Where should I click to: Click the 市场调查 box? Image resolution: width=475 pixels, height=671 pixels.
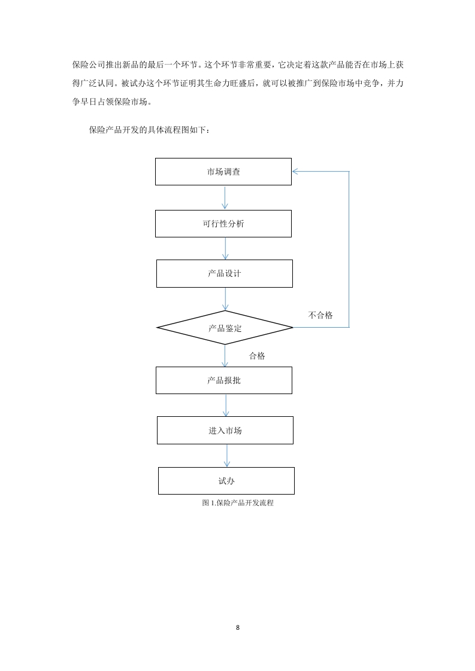pyautogui.click(x=223, y=172)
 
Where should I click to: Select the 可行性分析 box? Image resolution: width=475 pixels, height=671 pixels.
pyautogui.click(x=223, y=224)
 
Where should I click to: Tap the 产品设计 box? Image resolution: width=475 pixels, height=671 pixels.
pyautogui.click(x=225, y=273)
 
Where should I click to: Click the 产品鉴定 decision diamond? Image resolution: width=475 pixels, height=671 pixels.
pyautogui.click(x=225, y=328)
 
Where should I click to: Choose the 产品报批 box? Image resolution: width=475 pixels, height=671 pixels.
pyautogui.click(x=224, y=380)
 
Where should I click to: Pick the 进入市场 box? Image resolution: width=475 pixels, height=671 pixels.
pyautogui.click(x=225, y=431)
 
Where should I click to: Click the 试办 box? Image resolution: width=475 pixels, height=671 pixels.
pyautogui.click(x=226, y=481)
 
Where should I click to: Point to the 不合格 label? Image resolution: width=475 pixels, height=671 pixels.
pyautogui.click(x=320, y=315)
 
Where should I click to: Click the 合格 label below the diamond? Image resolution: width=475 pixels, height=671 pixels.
pyautogui.click(x=257, y=356)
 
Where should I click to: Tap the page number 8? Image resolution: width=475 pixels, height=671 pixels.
pyautogui.click(x=237, y=627)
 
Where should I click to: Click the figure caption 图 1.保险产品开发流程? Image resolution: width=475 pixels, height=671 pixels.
pyautogui.click(x=237, y=503)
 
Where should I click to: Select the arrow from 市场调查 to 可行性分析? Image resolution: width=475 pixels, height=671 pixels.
pyautogui.click(x=225, y=197)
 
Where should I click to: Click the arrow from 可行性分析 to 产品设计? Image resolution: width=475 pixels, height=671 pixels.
pyautogui.click(x=225, y=248)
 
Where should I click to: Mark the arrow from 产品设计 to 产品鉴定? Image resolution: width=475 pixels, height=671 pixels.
pyautogui.click(x=225, y=299)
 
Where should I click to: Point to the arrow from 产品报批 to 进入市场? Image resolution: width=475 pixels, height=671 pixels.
pyautogui.click(x=225, y=405)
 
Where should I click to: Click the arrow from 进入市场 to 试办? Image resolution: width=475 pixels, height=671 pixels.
pyautogui.click(x=227, y=456)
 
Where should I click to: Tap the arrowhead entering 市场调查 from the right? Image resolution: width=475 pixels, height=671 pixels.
pyautogui.click(x=295, y=172)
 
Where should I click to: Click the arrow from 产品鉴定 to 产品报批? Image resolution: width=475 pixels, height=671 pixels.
pyautogui.click(x=225, y=356)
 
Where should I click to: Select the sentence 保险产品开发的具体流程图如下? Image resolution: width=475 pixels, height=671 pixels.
pyautogui.click(x=147, y=130)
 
